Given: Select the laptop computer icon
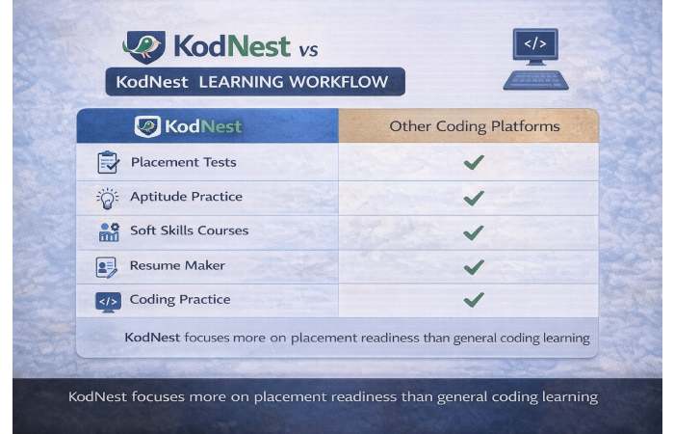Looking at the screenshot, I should click(x=535, y=60).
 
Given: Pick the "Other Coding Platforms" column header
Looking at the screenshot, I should click(x=474, y=126).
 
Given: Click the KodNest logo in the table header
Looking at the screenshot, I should click(x=190, y=126).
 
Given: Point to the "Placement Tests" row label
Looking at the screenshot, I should click(x=183, y=162).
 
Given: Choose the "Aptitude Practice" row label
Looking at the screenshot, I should click(x=186, y=197).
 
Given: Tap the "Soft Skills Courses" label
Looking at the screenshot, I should click(x=189, y=231).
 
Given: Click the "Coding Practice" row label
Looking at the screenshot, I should click(x=180, y=299).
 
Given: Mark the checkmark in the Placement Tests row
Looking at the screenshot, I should click(x=473, y=162).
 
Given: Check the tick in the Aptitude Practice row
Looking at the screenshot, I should click(x=473, y=198).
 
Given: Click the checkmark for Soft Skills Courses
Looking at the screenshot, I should click(x=473, y=231).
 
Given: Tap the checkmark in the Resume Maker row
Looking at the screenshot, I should click(x=473, y=265).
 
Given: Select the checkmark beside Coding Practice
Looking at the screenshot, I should click(x=473, y=299).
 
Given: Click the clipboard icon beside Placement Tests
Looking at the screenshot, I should click(x=108, y=162).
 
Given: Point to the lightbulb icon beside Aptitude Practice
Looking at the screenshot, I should click(x=108, y=197).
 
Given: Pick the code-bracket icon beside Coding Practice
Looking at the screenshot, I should click(x=108, y=301).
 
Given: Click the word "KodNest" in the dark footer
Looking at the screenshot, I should click(x=100, y=396).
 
